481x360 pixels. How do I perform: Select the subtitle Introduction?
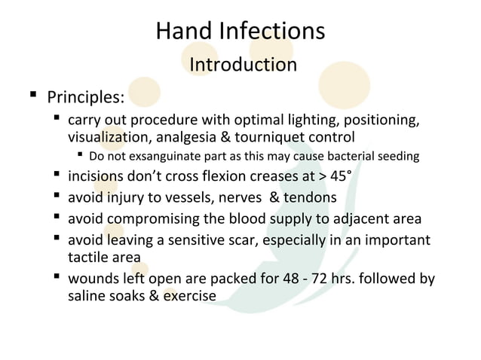tap(243, 65)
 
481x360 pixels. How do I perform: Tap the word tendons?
tap(310, 199)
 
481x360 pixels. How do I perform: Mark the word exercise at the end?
tap(191, 296)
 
